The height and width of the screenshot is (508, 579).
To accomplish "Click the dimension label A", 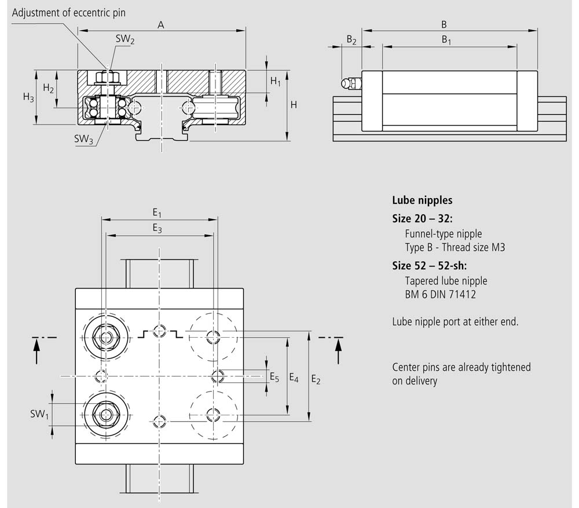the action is [x=160, y=25].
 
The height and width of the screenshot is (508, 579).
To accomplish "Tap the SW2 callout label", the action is [x=125, y=39].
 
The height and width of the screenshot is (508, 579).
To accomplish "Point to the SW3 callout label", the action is [x=83, y=139].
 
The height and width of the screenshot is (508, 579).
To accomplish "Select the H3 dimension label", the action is [x=28, y=97].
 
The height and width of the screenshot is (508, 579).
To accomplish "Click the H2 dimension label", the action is [x=49, y=88].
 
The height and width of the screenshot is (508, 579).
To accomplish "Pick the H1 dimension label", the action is [x=276, y=81].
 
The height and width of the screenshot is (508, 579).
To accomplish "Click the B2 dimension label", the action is [x=351, y=39].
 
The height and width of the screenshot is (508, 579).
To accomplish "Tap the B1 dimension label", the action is [x=446, y=39].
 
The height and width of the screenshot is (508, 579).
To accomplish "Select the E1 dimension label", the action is [x=157, y=213].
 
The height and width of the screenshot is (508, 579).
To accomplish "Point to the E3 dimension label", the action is [x=157, y=228].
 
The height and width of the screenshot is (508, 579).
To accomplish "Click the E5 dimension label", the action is [x=274, y=378].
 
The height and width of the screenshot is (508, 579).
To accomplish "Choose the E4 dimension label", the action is [x=294, y=378].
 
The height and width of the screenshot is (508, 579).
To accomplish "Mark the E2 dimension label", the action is [x=316, y=379].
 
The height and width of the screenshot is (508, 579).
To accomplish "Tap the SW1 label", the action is [x=39, y=414].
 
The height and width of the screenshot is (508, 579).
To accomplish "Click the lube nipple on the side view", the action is [x=351, y=83].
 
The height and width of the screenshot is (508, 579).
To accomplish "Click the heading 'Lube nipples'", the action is [x=422, y=200].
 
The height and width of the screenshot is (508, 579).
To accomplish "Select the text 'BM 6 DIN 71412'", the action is [x=440, y=294].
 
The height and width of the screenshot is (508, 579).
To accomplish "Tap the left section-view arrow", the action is [x=36, y=352].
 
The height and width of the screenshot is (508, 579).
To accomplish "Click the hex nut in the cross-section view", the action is [x=107, y=78].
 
